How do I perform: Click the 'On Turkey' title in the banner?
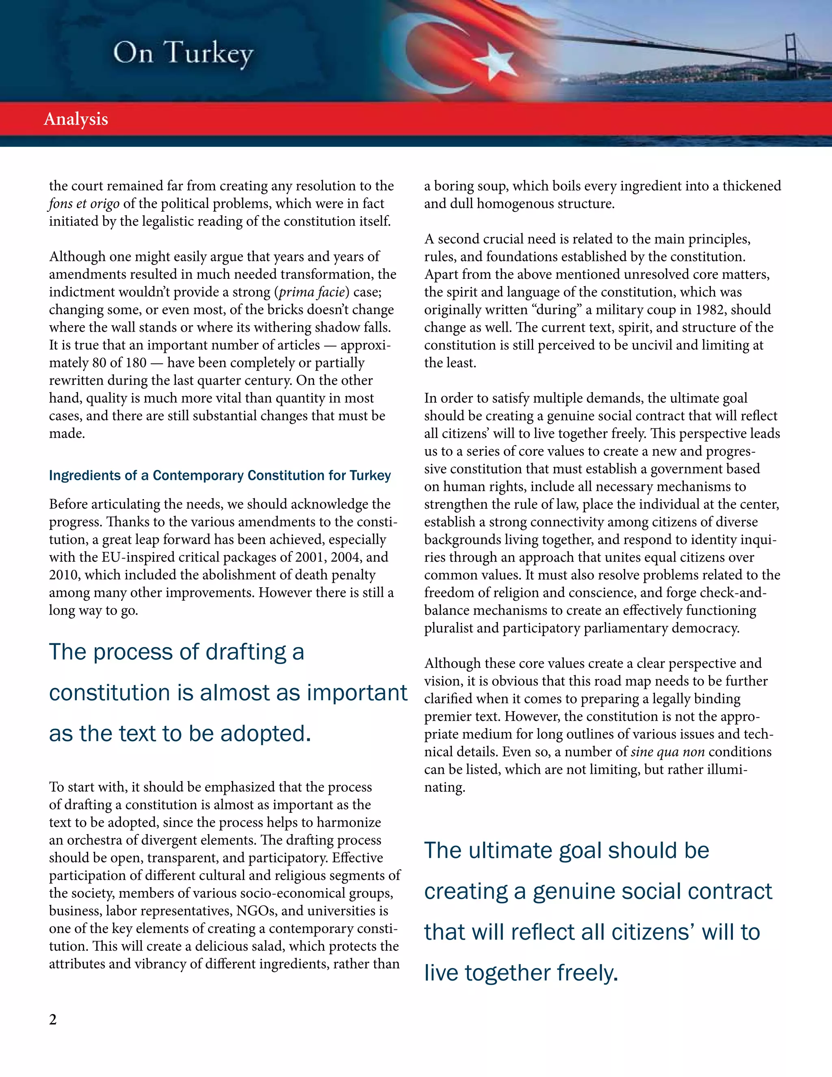183,53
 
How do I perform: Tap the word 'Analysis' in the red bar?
76,119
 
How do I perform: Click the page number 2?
53,1019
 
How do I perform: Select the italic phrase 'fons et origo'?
84,204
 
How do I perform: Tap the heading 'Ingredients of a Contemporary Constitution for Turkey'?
220,476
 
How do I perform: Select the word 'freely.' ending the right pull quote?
587,973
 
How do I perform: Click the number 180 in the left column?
136,363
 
